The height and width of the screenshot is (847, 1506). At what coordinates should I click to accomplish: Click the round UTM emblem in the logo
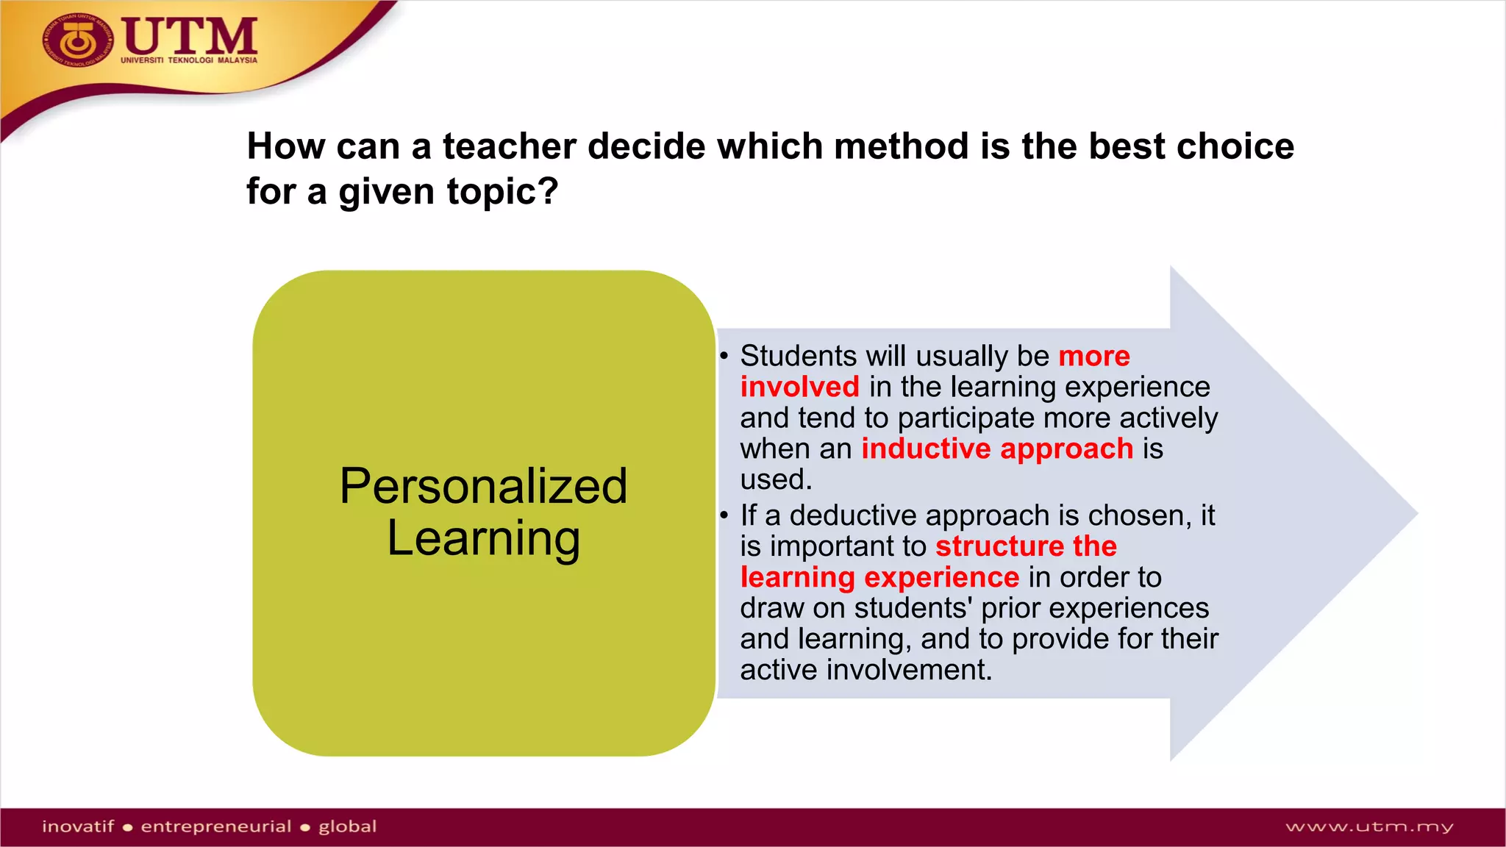click(x=77, y=41)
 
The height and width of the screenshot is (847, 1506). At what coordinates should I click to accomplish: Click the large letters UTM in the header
click(x=190, y=36)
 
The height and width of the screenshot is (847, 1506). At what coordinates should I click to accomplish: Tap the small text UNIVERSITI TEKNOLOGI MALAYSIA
click(x=189, y=60)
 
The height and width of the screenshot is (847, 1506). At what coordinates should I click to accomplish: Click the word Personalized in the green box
click(x=483, y=487)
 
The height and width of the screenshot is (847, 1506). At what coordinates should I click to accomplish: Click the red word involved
click(x=799, y=387)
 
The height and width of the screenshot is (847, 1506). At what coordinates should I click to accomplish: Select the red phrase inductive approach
click(x=997, y=449)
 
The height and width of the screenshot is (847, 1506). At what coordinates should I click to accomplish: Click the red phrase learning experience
click(x=879, y=578)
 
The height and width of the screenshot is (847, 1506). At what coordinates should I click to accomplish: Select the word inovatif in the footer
click(x=78, y=826)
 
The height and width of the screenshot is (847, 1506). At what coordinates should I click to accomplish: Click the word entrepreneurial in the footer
click(x=216, y=826)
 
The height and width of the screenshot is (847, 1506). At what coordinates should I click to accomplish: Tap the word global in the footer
click(x=347, y=826)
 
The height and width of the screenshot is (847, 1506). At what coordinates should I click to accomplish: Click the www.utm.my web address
click(x=1369, y=827)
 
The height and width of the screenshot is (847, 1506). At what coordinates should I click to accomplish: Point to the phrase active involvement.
click(x=866, y=671)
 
